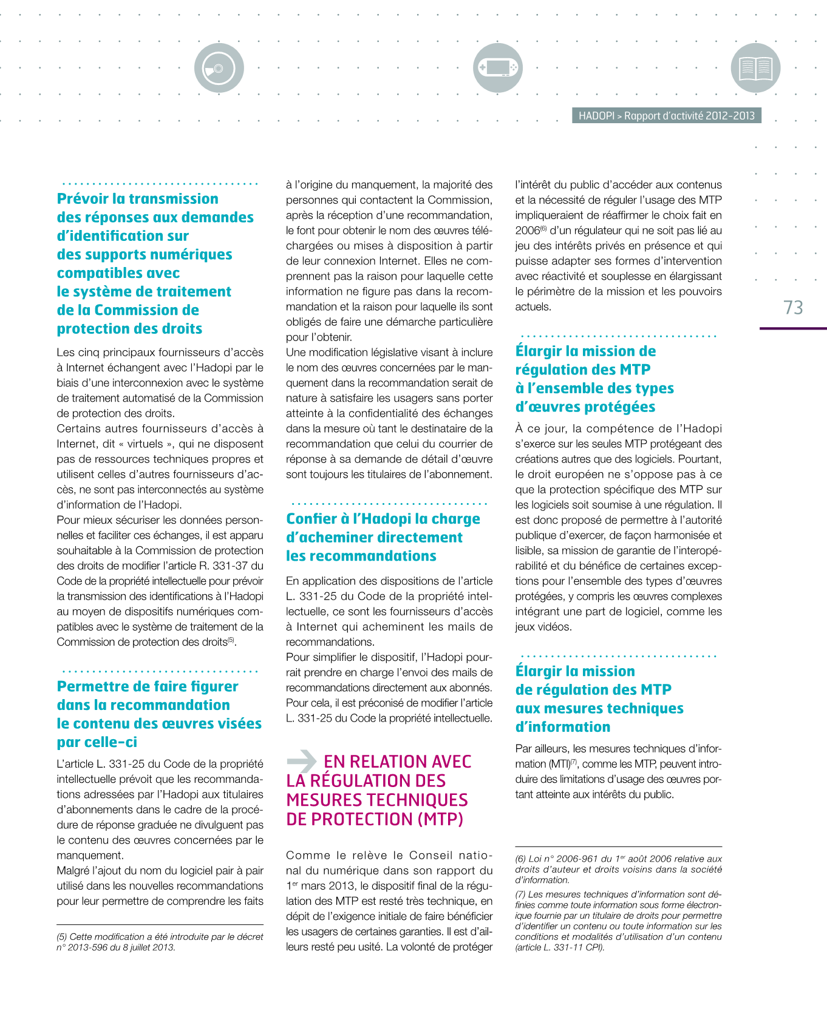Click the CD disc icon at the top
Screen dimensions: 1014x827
click(x=219, y=68)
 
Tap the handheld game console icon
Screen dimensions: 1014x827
click(x=498, y=68)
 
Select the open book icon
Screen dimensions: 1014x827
click(x=755, y=68)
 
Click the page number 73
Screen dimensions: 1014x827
click(x=793, y=308)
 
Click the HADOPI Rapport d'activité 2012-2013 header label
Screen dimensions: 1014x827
click(x=666, y=116)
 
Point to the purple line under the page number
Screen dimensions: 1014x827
click(x=793, y=328)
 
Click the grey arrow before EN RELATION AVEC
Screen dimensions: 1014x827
click(x=301, y=760)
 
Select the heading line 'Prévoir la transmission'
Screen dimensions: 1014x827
click(x=138, y=199)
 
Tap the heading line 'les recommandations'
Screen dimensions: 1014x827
click(x=361, y=556)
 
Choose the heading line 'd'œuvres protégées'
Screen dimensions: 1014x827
click(x=585, y=407)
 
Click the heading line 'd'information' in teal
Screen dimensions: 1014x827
click(x=563, y=727)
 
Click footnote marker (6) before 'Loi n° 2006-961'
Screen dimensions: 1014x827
click(x=520, y=859)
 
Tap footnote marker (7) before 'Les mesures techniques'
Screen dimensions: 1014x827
click(x=520, y=894)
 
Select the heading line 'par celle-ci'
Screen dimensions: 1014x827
click(x=97, y=742)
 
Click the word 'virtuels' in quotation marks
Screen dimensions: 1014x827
click(x=145, y=444)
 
